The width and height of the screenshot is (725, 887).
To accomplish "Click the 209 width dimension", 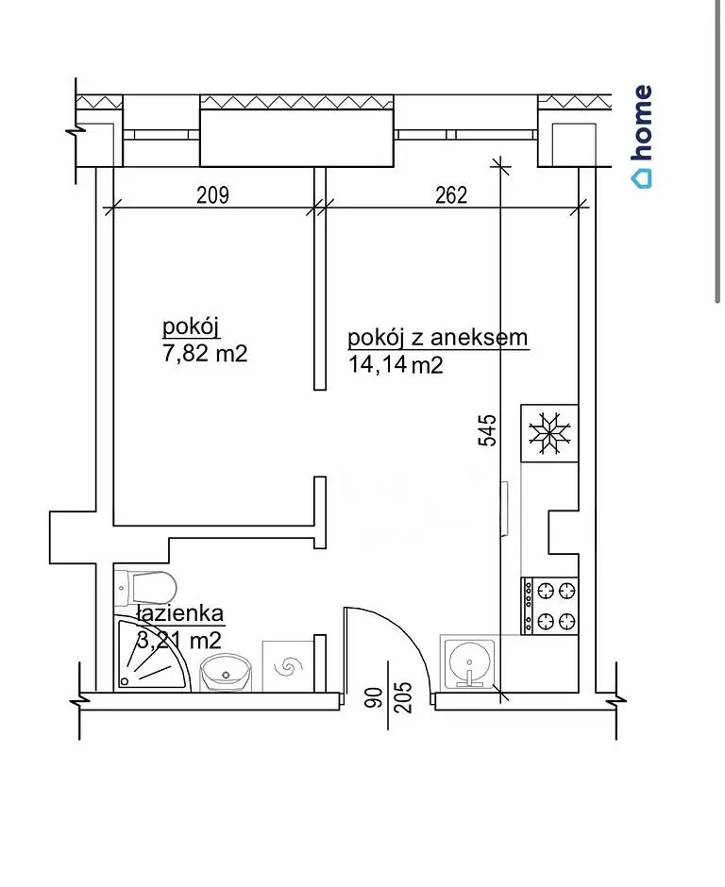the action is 212,195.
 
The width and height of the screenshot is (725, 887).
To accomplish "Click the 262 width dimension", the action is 451,195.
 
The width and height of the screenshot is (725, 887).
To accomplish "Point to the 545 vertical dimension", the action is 487,430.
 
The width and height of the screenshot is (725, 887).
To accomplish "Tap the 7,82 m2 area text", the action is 205,354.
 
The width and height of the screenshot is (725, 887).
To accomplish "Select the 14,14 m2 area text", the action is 395,365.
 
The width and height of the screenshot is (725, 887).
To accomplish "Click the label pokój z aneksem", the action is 437,338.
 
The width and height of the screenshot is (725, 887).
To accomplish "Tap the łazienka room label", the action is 180,613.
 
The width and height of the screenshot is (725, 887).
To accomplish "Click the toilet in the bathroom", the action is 146,588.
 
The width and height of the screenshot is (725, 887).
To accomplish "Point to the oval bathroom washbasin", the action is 226,672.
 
